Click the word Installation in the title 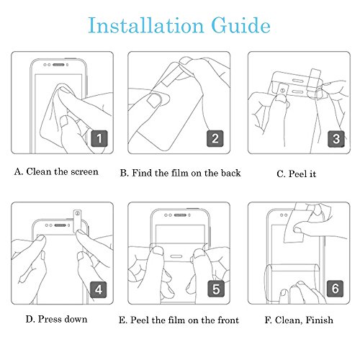[146, 25]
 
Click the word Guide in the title [240, 25]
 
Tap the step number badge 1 [99, 138]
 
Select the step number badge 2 [215, 138]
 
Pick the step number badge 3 [336, 139]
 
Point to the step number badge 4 [99, 289]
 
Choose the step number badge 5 [216, 289]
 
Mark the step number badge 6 [336, 288]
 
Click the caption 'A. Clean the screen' [56, 171]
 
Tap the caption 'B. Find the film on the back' [180, 173]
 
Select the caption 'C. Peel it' [296, 174]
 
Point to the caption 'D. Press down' [56, 319]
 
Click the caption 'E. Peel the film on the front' [179, 320]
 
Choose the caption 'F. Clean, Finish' [299, 320]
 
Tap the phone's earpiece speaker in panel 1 [58, 65]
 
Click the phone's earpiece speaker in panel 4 [60, 225]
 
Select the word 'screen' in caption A [85, 172]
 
